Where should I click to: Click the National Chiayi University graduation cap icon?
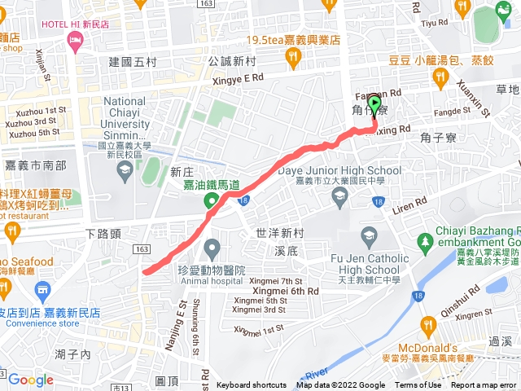(x=125, y=169)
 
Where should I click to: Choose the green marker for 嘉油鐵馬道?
(x=211, y=201)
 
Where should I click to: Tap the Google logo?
(x=31, y=380)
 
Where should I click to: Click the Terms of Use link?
(x=418, y=385)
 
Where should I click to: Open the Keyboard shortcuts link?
(x=252, y=385)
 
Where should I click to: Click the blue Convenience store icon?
(x=42, y=289)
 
